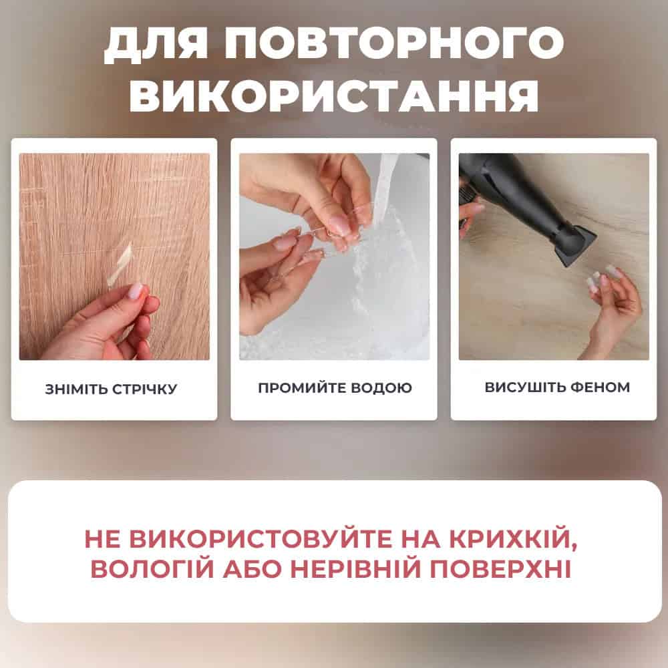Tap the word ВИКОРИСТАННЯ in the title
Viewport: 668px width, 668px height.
click(x=335, y=95)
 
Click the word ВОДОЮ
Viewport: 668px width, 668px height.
click(x=381, y=387)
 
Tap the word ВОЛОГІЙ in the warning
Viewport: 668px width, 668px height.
click(x=152, y=568)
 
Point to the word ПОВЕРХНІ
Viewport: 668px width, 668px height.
click(x=500, y=568)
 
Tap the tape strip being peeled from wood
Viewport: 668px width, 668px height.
click(x=120, y=263)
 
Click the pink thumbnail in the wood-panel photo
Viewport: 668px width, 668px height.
click(x=136, y=291)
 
